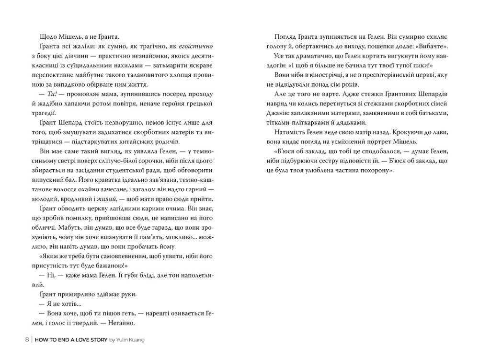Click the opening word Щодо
coord(46,37)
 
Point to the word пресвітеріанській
coord(387,75)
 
